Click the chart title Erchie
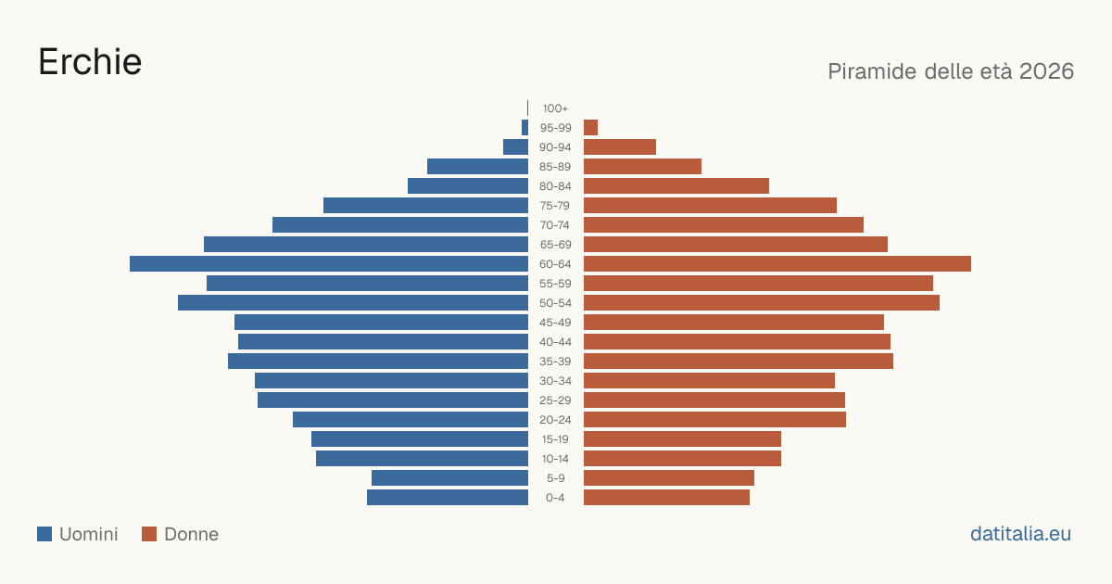click(90, 62)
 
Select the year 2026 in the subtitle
click(1046, 71)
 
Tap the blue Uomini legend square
click(44, 534)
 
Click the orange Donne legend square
click(149, 534)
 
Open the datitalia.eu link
click(1020, 534)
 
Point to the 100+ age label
click(555, 108)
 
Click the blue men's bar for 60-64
click(329, 263)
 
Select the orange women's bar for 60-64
click(777, 263)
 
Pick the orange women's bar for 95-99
click(591, 128)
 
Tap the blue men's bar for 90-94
click(516, 147)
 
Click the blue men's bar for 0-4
click(448, 498)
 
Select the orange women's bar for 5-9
click(669, 478)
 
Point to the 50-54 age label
click(555, 303)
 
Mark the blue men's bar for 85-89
click(477, 166)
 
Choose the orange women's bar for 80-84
click(676, 186)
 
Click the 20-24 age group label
click(555, 420)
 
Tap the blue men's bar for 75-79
click(426, 206)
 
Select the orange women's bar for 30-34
click(710, 381)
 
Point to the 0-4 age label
click(555, 498)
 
